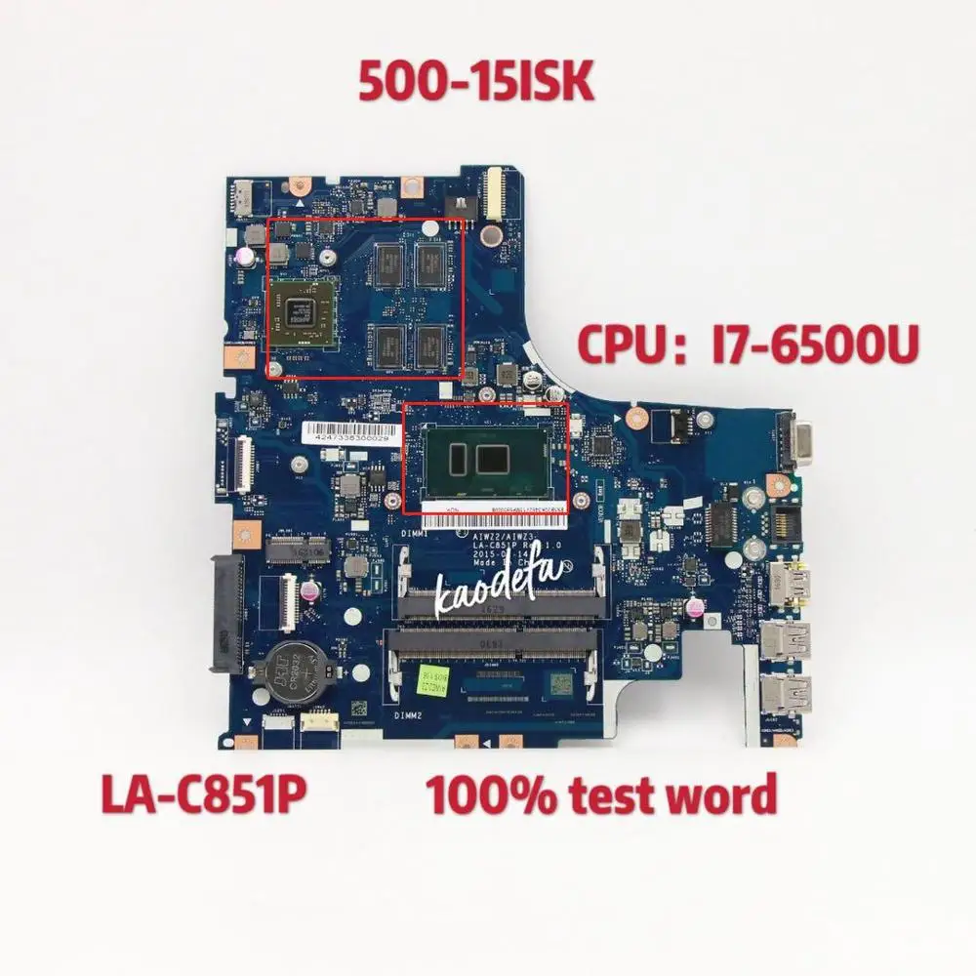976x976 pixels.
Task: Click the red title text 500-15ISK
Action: click(475, 84)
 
